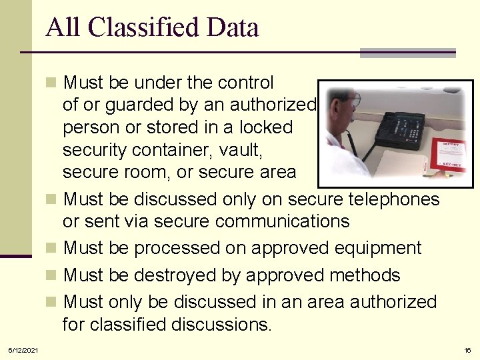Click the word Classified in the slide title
pyautogui.click(x=143, y=28)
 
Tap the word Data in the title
pyautogui.click(x=233, y=28)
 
